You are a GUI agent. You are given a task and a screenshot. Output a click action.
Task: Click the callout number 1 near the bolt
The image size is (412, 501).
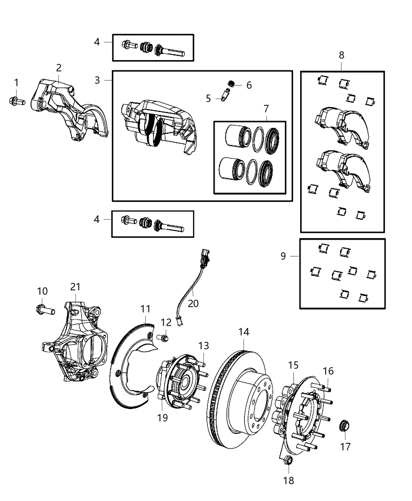16,83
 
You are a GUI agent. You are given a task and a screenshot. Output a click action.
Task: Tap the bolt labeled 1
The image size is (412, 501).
16,101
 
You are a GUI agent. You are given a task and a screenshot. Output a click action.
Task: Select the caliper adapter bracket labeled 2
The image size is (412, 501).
67,110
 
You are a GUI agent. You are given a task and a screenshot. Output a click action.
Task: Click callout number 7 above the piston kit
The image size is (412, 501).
266,108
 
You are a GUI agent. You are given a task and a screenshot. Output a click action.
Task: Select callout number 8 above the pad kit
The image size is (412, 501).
341,55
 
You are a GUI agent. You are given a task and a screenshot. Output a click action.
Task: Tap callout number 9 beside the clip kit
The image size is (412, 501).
283,256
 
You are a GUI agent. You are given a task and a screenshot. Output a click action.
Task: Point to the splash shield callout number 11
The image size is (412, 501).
145,309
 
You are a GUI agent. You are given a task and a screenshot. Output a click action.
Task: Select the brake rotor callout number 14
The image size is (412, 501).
244,332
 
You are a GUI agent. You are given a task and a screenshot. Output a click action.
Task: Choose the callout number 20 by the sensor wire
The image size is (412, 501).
193,303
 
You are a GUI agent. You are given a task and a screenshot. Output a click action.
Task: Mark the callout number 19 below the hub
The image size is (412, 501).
162,418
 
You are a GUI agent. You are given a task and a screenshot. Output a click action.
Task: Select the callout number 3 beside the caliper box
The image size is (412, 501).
97,80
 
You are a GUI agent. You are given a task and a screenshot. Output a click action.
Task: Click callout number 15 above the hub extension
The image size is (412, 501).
293,365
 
